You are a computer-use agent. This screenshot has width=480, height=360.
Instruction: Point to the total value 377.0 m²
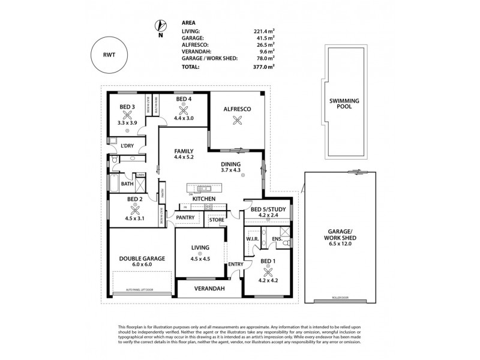click(x=263, y=67)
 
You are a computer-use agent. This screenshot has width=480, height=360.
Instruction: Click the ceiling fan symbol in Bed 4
click(x=183, y=110)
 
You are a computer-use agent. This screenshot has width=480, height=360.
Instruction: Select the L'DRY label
click(x=127, y=146)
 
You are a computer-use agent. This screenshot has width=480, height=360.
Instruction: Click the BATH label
click(x=127, y=184)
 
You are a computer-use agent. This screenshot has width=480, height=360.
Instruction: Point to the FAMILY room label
click(x=183, y=151)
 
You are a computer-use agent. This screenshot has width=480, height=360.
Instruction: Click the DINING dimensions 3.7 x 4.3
click(x=230, y=170)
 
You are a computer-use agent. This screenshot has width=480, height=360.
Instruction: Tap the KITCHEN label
click(x=204, y=199)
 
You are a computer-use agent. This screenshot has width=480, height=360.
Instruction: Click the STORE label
click(x=217, y=220)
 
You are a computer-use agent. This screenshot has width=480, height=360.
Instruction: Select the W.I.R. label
click(x=252, y=239)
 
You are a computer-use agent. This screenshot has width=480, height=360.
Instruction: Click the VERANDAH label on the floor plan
click(x=208, y=289)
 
